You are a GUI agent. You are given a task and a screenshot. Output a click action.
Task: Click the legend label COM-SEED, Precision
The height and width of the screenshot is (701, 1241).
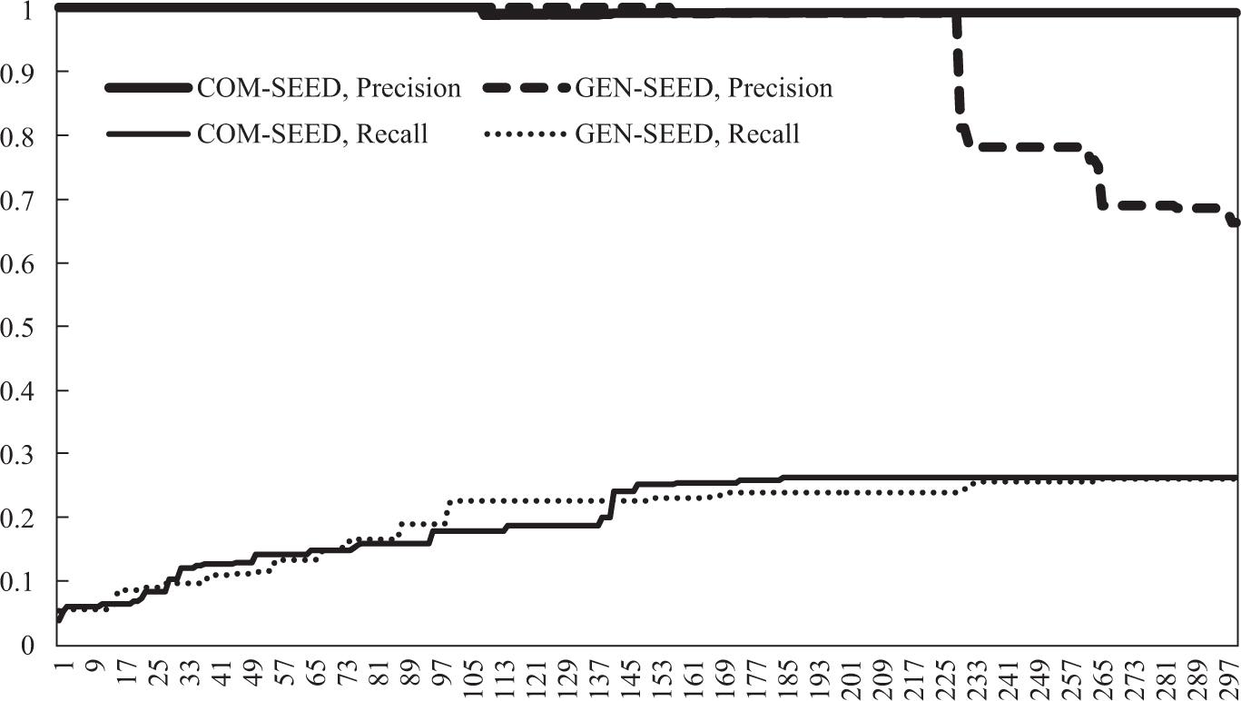click(329, 88)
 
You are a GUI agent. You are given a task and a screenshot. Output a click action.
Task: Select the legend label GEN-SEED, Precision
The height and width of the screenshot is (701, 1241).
click(704, 88)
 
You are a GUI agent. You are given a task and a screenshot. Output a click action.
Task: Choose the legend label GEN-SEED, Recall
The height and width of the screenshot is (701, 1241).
click(687, 134)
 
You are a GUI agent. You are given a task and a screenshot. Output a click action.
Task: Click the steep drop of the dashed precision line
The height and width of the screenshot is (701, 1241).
click(958, 73)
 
